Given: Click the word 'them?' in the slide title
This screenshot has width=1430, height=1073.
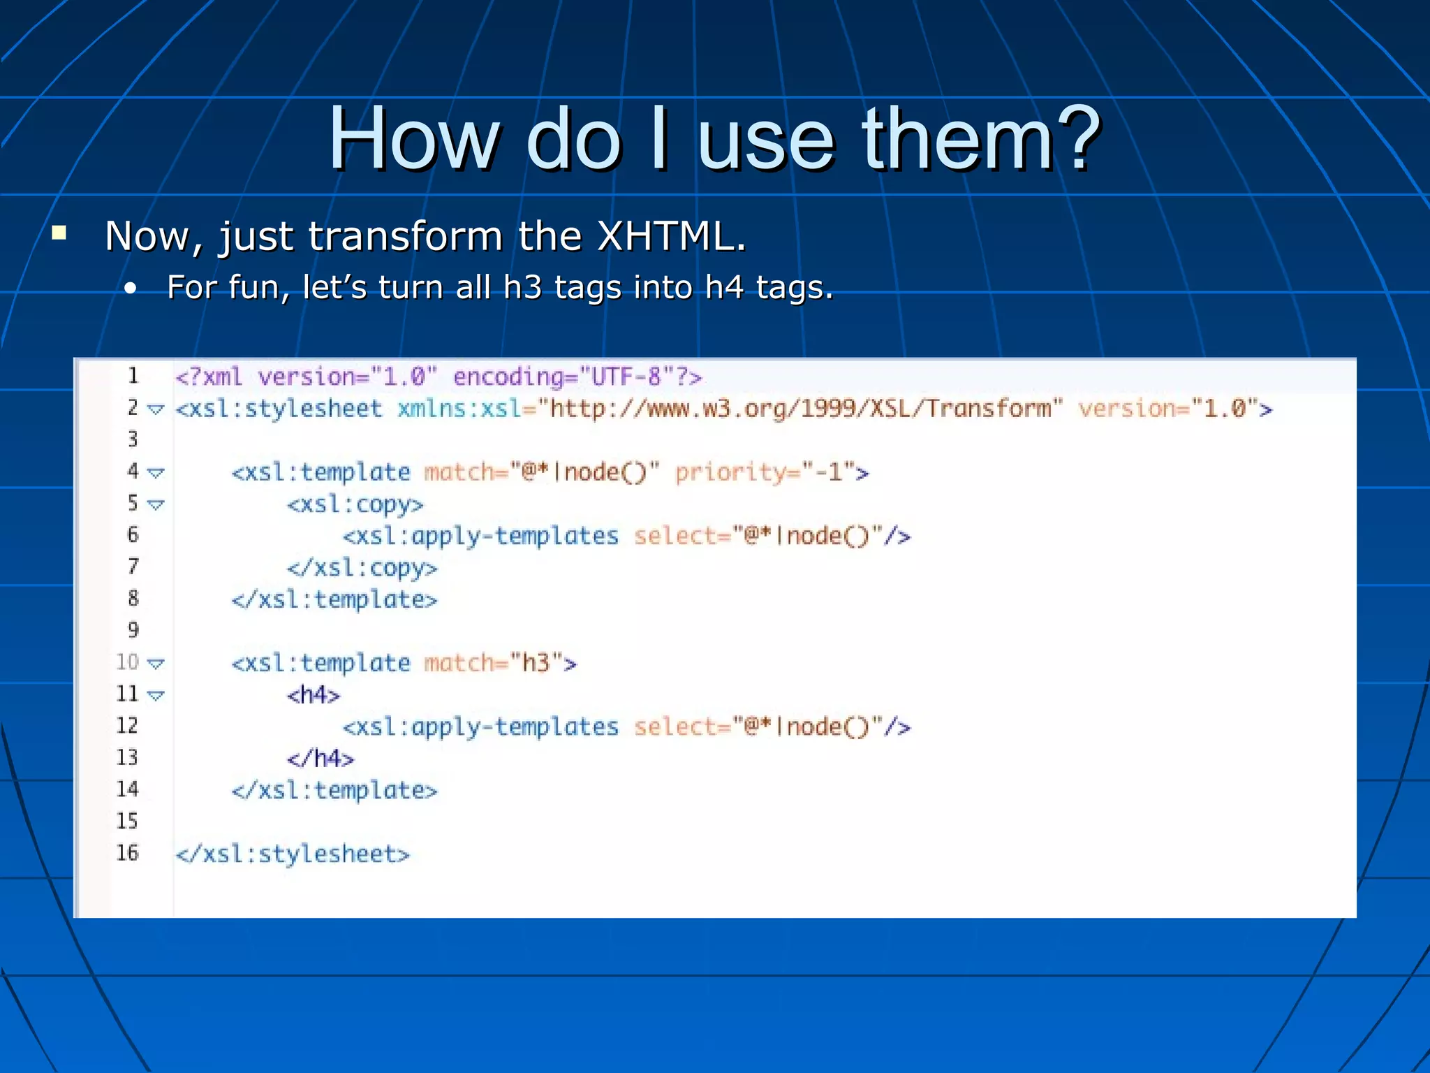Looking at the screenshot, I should click(981, 138).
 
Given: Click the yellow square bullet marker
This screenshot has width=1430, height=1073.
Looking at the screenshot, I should click(59, 233).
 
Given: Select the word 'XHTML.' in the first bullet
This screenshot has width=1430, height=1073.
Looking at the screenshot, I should click(672, 236).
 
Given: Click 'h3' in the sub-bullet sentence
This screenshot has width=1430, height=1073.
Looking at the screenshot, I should click(522, 287).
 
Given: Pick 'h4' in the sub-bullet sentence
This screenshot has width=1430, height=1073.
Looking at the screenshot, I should click(724, 287).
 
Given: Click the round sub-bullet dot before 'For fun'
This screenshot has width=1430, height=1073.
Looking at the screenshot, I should click(130, 289).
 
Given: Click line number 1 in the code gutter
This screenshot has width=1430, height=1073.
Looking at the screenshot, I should click(133, 376).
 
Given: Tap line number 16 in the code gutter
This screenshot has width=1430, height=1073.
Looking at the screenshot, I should click(127, 852).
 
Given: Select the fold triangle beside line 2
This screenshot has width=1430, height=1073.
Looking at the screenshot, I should click(156, 409).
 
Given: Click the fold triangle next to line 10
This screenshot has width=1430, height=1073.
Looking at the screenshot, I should click(156, 664).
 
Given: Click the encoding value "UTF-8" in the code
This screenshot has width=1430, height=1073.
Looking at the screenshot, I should click(626, 377).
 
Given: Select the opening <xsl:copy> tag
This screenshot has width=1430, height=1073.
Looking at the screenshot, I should click(355, 504).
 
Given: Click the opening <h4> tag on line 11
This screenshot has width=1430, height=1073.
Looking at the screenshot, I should click(314, 695).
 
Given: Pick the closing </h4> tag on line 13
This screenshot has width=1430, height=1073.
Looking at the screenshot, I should click(320, 759).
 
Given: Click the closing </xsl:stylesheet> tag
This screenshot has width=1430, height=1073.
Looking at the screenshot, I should click(293, 854).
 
